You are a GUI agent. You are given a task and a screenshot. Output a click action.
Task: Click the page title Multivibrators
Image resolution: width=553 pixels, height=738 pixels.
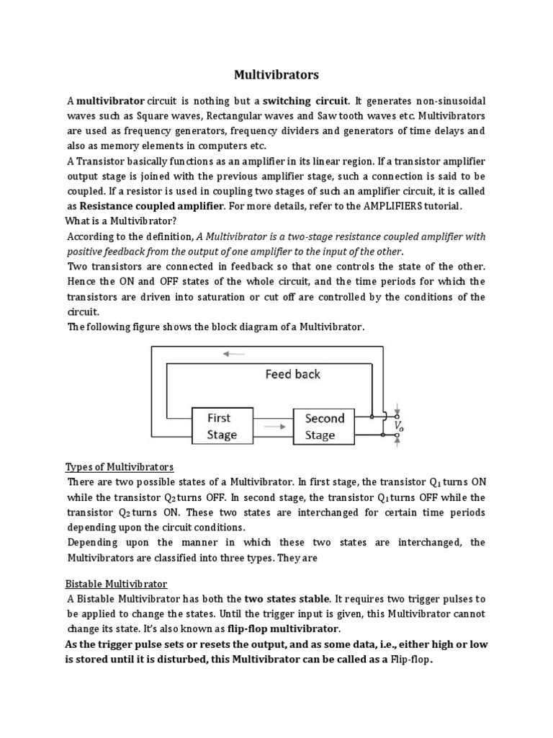(277, 74)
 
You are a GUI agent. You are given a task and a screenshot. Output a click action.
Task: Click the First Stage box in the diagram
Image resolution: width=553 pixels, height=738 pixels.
(222, 426)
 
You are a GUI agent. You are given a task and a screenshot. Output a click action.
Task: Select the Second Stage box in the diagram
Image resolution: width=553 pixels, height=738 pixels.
(324, 426)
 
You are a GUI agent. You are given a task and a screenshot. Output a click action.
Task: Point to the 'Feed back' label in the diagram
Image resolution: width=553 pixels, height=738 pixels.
(292, 374)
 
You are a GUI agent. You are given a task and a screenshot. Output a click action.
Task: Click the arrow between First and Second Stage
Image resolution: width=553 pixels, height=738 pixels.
(274, 427)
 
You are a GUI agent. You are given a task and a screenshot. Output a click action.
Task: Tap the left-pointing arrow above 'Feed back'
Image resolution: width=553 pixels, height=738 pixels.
(234, 354)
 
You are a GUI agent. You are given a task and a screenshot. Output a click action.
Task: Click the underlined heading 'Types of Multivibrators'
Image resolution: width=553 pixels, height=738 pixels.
(120, 466)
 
